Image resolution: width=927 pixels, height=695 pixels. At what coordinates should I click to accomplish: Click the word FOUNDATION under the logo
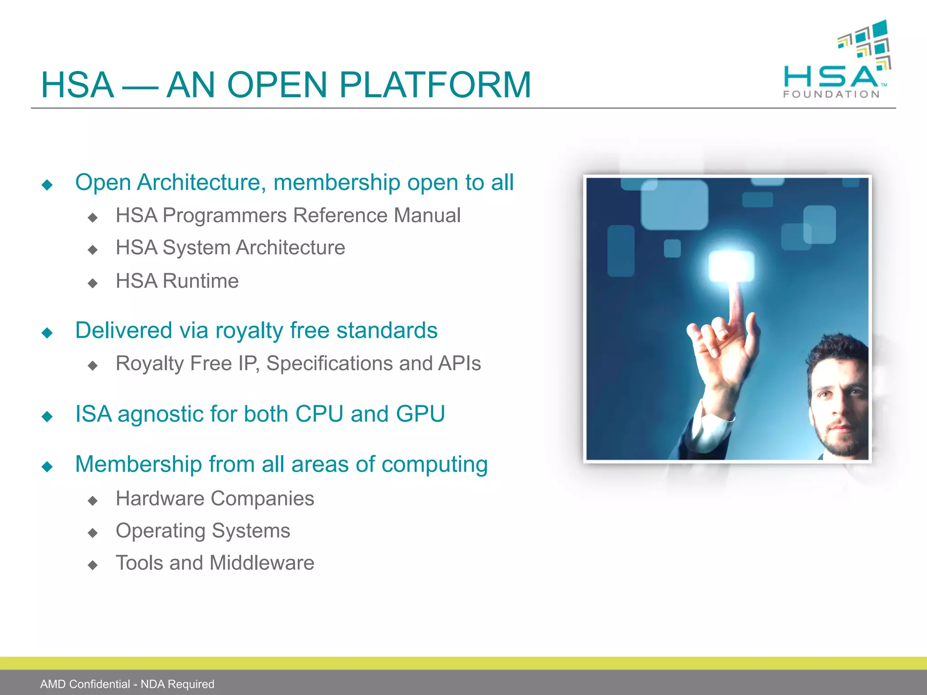(x=831, y=94)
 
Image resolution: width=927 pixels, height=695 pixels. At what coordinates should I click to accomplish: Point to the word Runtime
(x=201, y=281)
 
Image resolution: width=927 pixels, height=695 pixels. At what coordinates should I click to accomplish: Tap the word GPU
(x=420, y=414)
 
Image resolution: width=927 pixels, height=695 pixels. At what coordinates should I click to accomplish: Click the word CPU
(x=319, y=414)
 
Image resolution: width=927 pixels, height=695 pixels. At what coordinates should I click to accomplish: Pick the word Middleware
(x=262, y=563)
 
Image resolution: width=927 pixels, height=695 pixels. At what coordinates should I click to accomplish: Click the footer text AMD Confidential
(x=85, y=684)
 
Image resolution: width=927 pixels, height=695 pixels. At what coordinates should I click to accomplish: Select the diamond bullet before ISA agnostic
(x=47, y=416)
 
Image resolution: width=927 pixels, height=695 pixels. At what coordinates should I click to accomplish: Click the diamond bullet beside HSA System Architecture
(x=93, y=250)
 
